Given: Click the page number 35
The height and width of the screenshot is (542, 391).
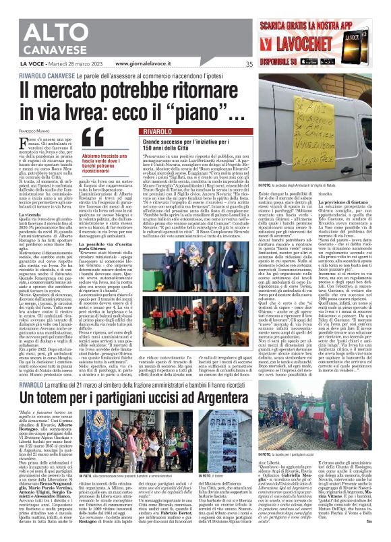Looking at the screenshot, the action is tap(249, 65).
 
